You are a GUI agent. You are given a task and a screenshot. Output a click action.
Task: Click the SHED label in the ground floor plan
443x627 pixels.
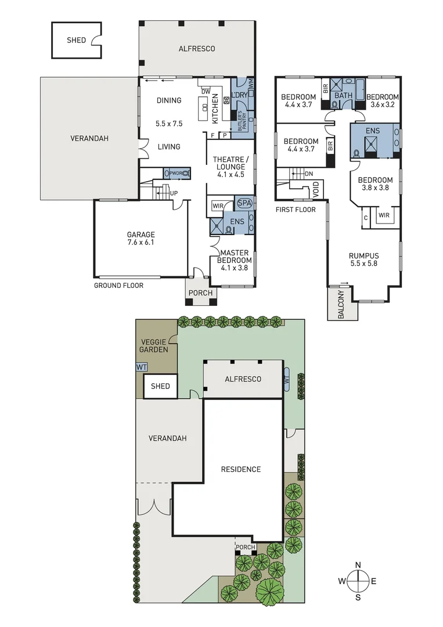pos(76,40)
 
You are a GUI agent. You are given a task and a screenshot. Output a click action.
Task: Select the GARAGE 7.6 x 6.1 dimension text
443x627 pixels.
pos(141,243)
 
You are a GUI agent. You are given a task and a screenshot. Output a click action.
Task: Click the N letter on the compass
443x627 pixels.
pos(358,565)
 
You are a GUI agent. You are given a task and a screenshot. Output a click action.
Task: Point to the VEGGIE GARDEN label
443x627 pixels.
pos(154,346)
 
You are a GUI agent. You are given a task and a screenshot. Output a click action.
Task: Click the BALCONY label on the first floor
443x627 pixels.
pos(340,304)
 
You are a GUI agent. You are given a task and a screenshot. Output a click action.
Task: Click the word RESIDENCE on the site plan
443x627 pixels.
pos(241,469)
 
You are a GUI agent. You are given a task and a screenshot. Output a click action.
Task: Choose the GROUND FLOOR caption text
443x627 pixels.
pos(118,286)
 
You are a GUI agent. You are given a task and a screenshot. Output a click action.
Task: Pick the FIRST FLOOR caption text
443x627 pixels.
pos(296,210)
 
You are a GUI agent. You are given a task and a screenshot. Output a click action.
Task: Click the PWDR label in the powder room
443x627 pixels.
pos(176,173)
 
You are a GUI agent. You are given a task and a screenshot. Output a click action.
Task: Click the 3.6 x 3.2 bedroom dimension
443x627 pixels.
pos(383,105)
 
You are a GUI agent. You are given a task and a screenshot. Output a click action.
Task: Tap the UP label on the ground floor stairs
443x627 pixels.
pos(174,193)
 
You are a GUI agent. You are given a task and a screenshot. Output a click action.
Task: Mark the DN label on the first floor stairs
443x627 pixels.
pos(309,174)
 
